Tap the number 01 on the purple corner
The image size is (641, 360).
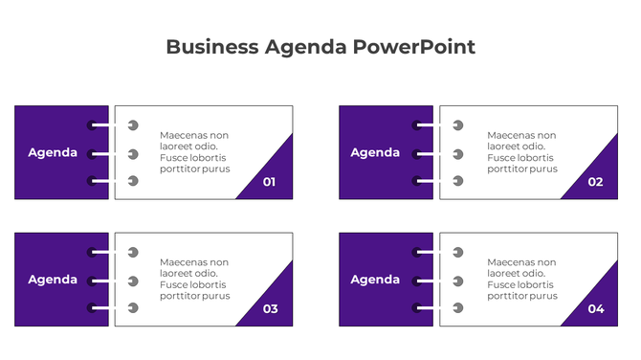click(269, 181)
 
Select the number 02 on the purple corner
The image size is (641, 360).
click(595, 181)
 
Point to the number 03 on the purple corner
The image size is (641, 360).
click(270, 308)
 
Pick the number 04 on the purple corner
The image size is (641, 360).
click(596, 308)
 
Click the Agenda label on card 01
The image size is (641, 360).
click(53, 152)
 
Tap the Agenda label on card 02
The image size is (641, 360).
click(375, 152)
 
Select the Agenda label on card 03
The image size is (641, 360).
click(53, 280)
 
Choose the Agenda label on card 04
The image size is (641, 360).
click(375, 280)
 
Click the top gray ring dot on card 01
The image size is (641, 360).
click(133, 125)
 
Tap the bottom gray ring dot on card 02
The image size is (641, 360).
click(458, 181)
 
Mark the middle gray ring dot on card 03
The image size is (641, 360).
click(133, 281)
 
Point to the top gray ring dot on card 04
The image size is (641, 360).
click(458, 253)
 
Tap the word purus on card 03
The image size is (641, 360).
click(217, 296)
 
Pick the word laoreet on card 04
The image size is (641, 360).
click(505, 273)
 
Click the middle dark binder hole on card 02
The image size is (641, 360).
click(417, 153)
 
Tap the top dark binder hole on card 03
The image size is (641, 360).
click(92, 252)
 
